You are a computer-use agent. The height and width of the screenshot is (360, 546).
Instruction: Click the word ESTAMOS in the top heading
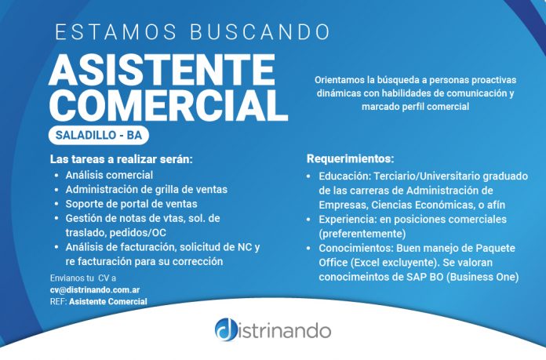[x=116, y=32]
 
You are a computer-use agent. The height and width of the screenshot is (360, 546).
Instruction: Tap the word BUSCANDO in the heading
[x=260, y=32]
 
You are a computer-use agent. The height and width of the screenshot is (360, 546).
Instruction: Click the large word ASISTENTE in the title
[x=162, y=70]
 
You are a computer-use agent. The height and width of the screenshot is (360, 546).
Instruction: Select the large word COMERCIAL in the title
[x=169, y=105]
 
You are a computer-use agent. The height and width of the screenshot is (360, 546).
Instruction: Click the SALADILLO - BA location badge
[x=99, y=135]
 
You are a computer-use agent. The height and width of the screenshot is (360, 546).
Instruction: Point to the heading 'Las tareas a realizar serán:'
[x=121, y=159]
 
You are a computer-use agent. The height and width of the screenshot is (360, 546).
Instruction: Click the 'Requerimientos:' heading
[x=351, y=158]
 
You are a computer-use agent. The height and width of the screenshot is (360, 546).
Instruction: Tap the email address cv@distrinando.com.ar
[x=95, y=289]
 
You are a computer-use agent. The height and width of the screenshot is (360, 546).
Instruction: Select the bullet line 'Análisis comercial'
[x=109, y=175]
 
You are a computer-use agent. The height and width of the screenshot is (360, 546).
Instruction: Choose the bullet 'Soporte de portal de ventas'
[x=131, y=204]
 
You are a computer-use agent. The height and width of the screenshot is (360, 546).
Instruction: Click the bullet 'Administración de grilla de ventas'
[x=146, y=189]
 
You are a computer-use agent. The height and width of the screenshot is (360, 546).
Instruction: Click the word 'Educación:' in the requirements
[x=345, y=176]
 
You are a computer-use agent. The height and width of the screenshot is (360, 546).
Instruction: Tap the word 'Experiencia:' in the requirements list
[x=348, y=220]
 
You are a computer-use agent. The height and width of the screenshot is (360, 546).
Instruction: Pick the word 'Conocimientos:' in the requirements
[x=356, y=249]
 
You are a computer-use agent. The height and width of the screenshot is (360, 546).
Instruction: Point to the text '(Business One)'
[x=482, y=277]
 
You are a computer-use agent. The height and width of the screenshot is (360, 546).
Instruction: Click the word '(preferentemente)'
[x=362, y=234]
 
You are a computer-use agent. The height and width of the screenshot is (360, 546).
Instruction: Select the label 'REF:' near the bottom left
[x=59, y=301]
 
